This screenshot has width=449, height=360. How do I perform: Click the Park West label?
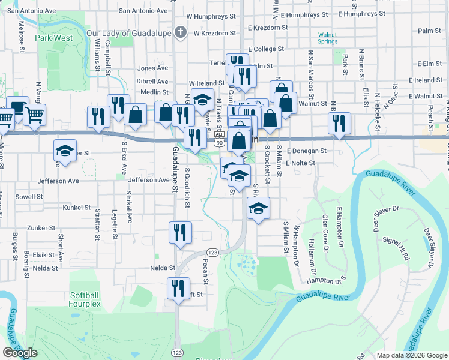tap(53, 38)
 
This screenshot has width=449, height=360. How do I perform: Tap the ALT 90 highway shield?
tap(219, 140)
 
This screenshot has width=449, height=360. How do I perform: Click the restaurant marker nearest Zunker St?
tap(179, 232)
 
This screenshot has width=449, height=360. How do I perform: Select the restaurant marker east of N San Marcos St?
tap(340, 123)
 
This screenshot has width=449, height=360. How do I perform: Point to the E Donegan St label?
tap(306, 151)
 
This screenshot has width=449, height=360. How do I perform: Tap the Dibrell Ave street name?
tap(152, 81)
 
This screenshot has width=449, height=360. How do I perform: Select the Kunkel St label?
tap(76, 208)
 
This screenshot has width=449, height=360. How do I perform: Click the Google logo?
tap(20, 353)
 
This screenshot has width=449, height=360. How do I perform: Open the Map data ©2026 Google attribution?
tap(412, 355)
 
